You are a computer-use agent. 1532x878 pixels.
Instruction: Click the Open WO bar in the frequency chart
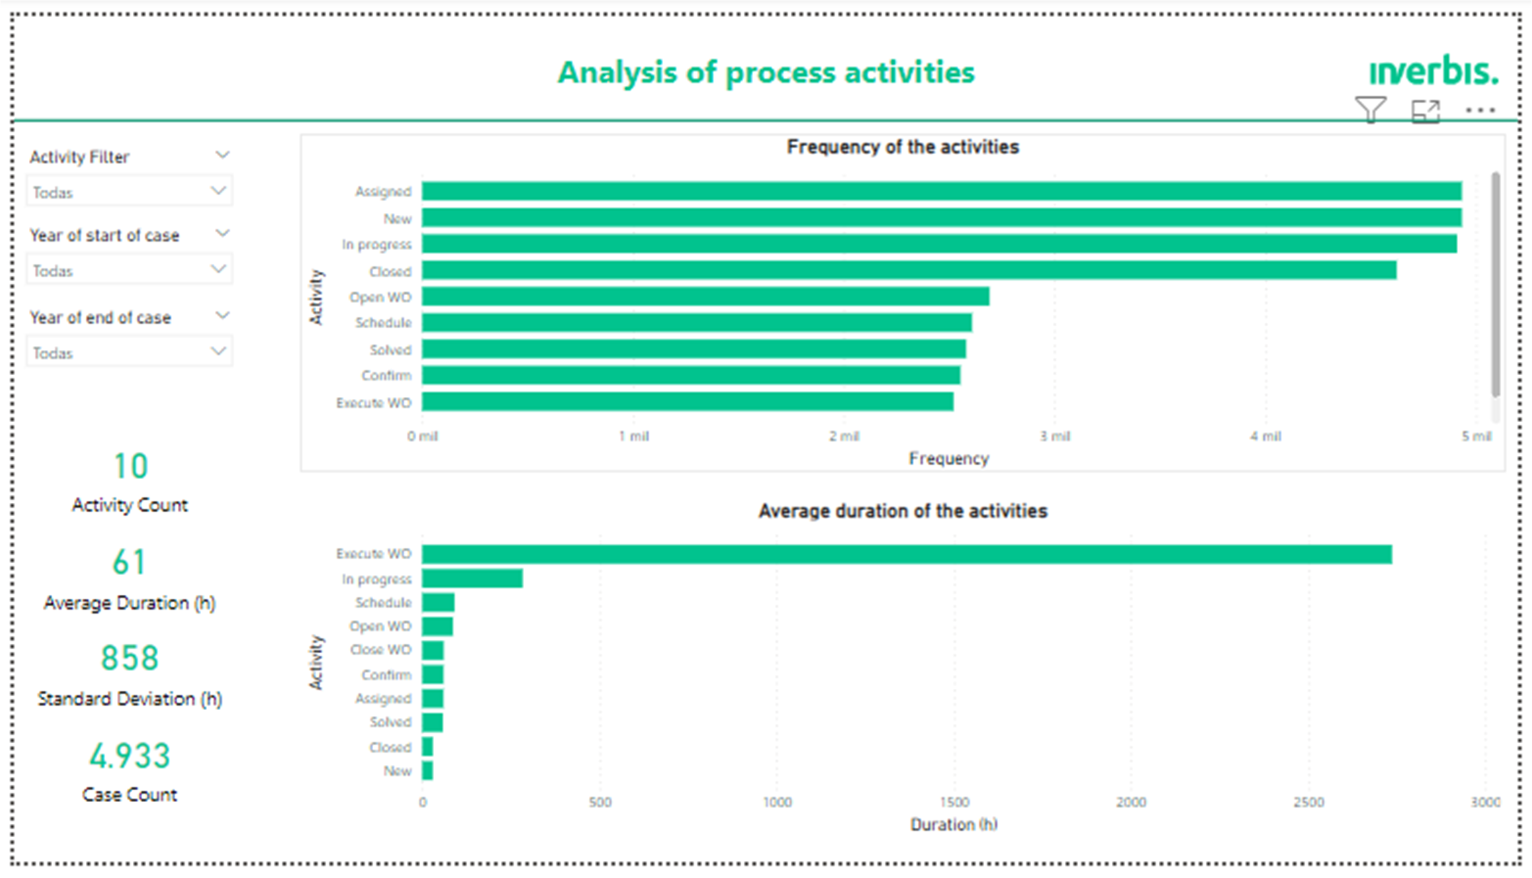(x=705, y=296)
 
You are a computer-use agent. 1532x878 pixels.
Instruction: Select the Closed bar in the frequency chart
(x=909, y=270)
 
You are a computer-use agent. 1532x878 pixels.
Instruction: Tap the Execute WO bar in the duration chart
(x=906, y=554)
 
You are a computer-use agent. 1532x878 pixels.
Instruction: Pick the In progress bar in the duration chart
(x=472, y=578)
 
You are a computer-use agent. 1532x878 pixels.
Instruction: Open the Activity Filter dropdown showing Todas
(x=129, y=192)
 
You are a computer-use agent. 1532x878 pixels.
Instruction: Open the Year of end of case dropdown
(x=129, y=352)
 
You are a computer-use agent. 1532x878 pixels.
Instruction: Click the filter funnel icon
(x=1370, y=110)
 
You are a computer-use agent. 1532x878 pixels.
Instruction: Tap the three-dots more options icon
(x=1480, y=110)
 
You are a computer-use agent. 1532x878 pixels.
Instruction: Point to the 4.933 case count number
(x=130, y=756)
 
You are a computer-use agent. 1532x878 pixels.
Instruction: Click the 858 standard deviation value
(x=130, y=658)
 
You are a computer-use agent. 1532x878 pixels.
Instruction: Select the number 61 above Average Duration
(x=130, y=562)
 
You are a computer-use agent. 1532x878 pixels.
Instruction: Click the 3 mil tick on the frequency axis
(x=1055, y=436)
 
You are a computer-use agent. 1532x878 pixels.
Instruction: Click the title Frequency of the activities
(x=902, y=147)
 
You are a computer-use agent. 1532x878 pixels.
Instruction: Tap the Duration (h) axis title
(x=954, y=824)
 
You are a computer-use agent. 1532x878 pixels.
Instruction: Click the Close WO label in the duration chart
(x=380, y=650)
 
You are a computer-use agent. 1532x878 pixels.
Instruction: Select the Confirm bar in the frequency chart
(x=691, y=375)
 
